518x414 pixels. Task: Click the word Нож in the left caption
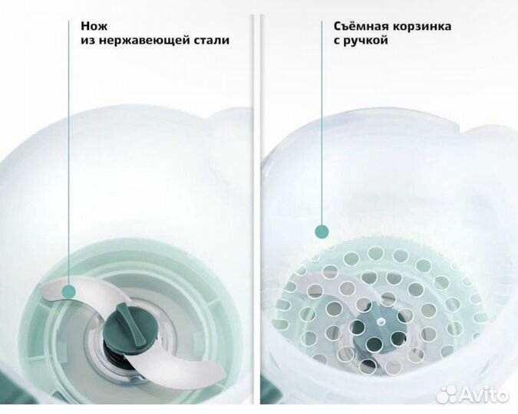[x=94, y=26]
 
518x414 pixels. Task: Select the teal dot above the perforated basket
[x=322, y=232]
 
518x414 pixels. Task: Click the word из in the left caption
[x=88, y=41]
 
